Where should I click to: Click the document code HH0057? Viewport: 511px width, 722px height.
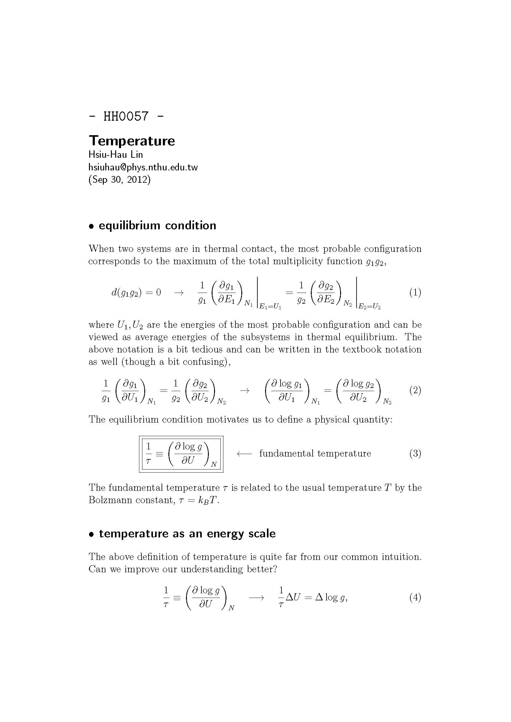[126, 116]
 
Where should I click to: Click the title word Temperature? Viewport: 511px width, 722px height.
[132, 140]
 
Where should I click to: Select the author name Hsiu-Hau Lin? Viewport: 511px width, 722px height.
[116, 155]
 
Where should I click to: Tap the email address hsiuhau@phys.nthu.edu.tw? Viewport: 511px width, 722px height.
[143, 167]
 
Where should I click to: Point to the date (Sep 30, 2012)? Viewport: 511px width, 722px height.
[120, 180]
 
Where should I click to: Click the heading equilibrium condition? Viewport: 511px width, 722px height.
[157, 225]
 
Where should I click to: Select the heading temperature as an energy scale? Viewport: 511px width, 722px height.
[187, 534]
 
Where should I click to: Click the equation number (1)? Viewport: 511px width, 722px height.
[415, 292]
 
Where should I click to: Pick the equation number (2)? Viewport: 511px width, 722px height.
[415, 390]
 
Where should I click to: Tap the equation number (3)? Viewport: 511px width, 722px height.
[415, 453]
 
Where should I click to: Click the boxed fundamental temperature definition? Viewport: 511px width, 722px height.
[181, 454]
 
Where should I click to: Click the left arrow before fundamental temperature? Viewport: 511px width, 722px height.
[244, 453]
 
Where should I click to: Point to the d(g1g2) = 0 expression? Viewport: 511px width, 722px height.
[136, 293]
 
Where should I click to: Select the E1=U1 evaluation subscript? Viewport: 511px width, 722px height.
[270, 307]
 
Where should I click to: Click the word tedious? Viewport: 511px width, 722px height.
[208, 349]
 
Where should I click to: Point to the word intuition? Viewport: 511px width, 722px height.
[400, 557]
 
